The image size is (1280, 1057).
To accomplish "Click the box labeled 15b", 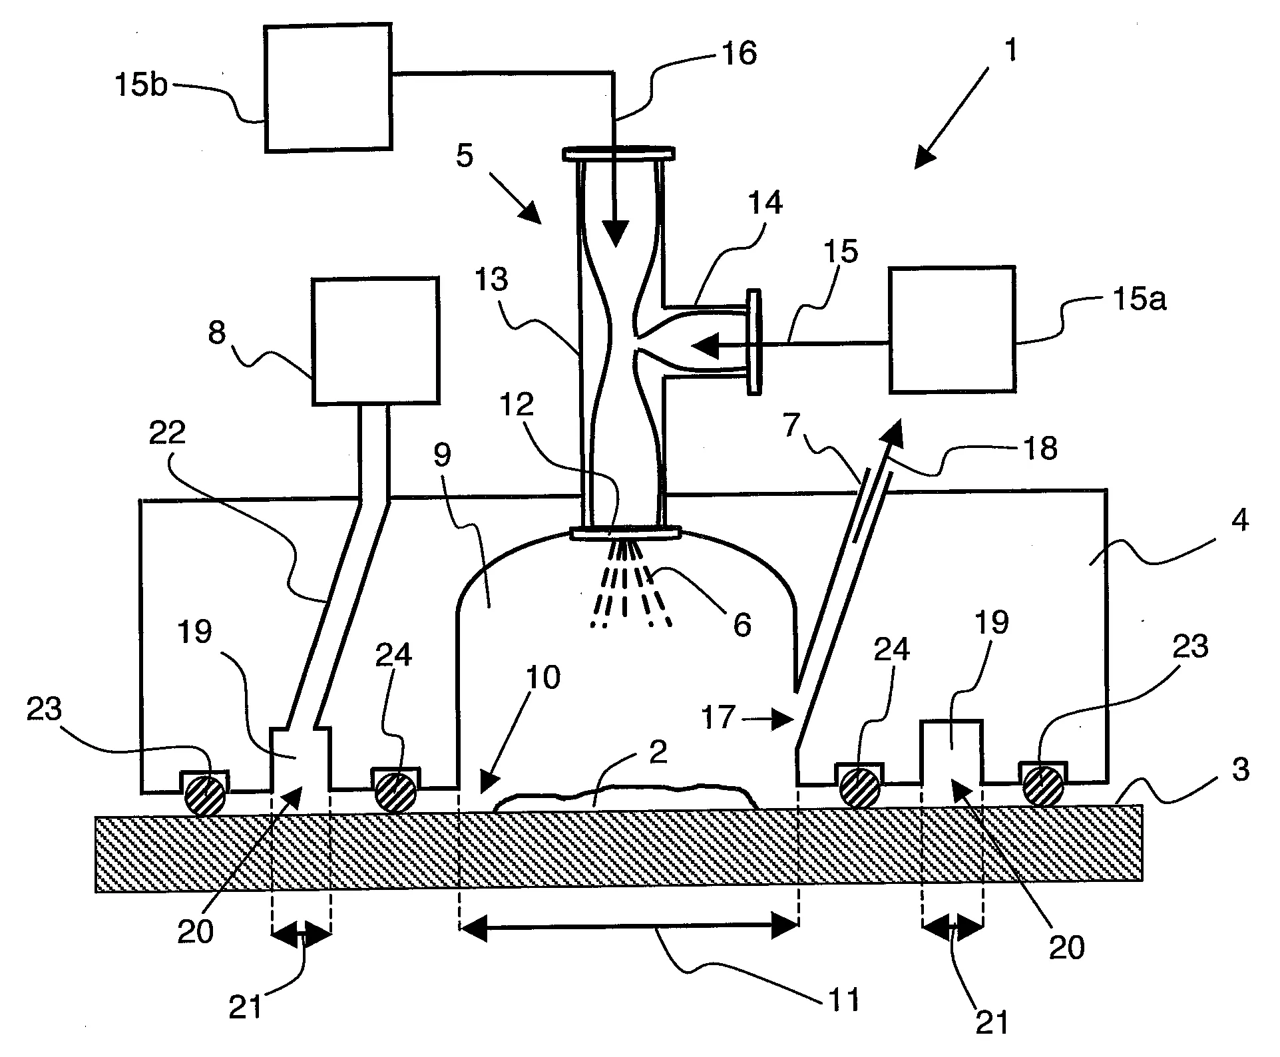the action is click(327, 89).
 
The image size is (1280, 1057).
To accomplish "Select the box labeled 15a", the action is click(953, 329).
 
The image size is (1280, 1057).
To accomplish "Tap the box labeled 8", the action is click(375, 341).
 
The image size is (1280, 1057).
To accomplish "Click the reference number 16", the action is click(739, 53).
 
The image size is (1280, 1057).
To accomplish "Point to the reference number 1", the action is click(1010, 51).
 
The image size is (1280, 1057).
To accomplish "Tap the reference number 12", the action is click(517, 403).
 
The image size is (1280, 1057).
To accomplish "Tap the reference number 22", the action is click(167, 433).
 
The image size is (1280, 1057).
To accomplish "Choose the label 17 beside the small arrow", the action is click(719, 718).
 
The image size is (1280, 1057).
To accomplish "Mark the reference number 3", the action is click(1239, 769).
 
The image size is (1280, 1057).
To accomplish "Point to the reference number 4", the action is click(1239, 520).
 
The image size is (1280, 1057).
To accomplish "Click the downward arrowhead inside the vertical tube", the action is click(615, 233).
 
